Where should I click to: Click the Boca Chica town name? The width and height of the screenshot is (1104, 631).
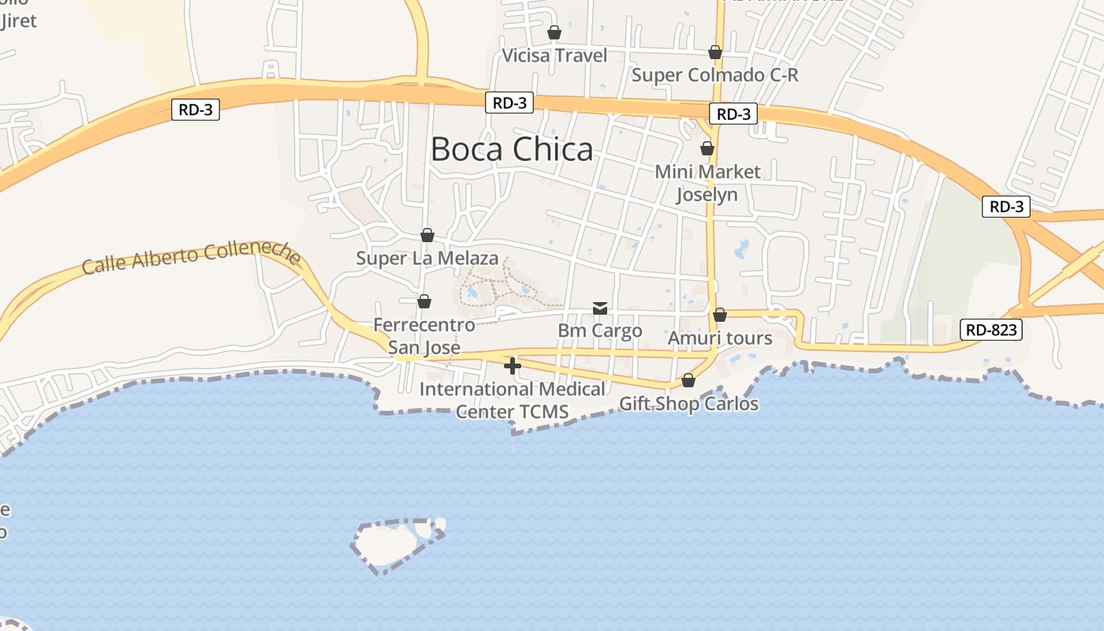click(x=512, y=149)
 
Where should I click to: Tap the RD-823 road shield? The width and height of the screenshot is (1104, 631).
click(x=990, y=330)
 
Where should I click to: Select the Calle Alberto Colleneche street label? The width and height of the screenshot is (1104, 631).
click(x=192, y=257)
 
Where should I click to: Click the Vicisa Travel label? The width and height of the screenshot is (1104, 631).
click(x=555, y=55)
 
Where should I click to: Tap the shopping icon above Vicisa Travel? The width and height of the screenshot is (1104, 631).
click(x=554, y=32)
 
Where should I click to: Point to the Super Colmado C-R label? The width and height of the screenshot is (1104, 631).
click(x=715, y=75)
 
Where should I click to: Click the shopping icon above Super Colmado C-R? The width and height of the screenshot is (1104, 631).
click(x=715, y=52)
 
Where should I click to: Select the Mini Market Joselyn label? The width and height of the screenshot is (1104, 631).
click(x=707, y=182)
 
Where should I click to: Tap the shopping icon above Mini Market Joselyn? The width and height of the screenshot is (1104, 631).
click(x=707, y=148)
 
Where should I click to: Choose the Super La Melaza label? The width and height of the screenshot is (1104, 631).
click(x=427, y=258)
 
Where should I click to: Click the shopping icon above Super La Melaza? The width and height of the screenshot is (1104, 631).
click(x=427, y=235)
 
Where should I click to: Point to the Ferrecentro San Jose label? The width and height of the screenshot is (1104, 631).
click(x=424, y=336)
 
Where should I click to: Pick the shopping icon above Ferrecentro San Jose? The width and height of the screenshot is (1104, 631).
click(x=424, y=301)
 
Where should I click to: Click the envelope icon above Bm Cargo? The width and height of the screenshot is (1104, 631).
click(x=600, y=308)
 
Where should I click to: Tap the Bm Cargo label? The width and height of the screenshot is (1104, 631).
click(x=600, y=330)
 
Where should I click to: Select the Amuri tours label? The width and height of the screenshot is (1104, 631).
click(x=720, y=338)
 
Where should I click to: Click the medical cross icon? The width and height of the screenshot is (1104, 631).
click(x=513, y=366)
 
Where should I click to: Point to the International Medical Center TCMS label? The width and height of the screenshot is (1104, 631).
click(x=513, y=400)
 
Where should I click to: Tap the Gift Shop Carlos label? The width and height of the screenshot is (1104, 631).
click(x=688, y=404)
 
